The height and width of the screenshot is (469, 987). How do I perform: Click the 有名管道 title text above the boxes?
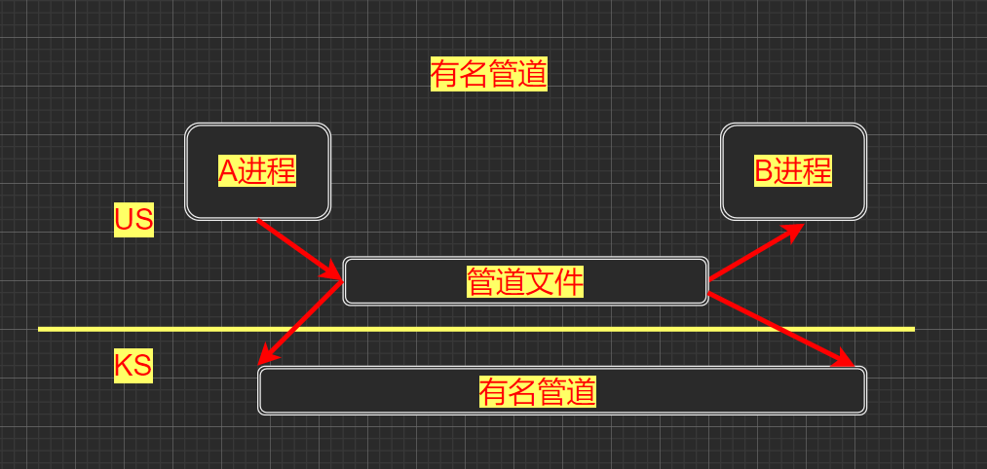click(488, 74)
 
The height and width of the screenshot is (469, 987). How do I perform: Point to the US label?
click(133, 220)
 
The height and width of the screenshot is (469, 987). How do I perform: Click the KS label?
click(133, 367)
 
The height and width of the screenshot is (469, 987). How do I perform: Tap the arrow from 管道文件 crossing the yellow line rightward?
click(779, 328)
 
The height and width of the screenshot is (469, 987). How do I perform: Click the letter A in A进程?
click(227, 171)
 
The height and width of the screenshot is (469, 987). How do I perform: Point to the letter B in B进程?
click(764, 171)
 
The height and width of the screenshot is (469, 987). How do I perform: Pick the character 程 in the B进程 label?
click(818, 171)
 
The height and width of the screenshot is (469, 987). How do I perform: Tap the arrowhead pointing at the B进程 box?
click(794, 230)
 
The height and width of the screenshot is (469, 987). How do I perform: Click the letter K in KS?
click(125, 367)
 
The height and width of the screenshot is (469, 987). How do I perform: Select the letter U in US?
click(124, 220)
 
